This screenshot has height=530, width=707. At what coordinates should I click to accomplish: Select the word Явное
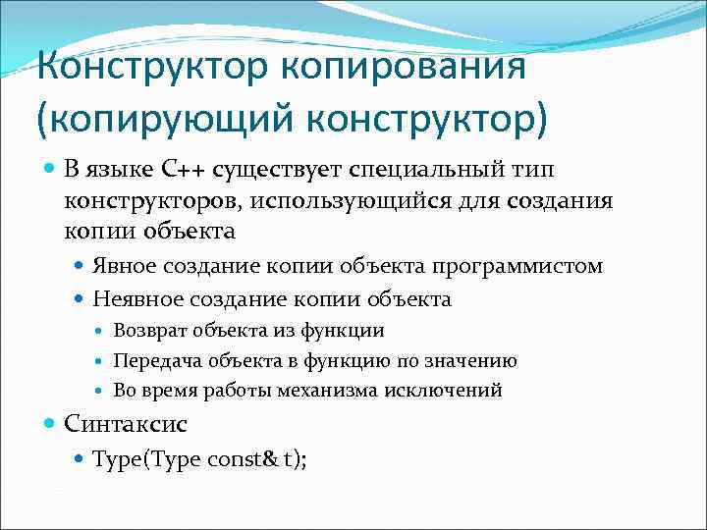coord(125,266)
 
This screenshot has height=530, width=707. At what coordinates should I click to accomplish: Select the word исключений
coord(451,391)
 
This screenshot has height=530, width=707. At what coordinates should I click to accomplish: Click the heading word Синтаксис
coord(125,424)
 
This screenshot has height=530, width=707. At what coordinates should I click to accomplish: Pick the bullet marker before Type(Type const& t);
coord(80,457)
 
